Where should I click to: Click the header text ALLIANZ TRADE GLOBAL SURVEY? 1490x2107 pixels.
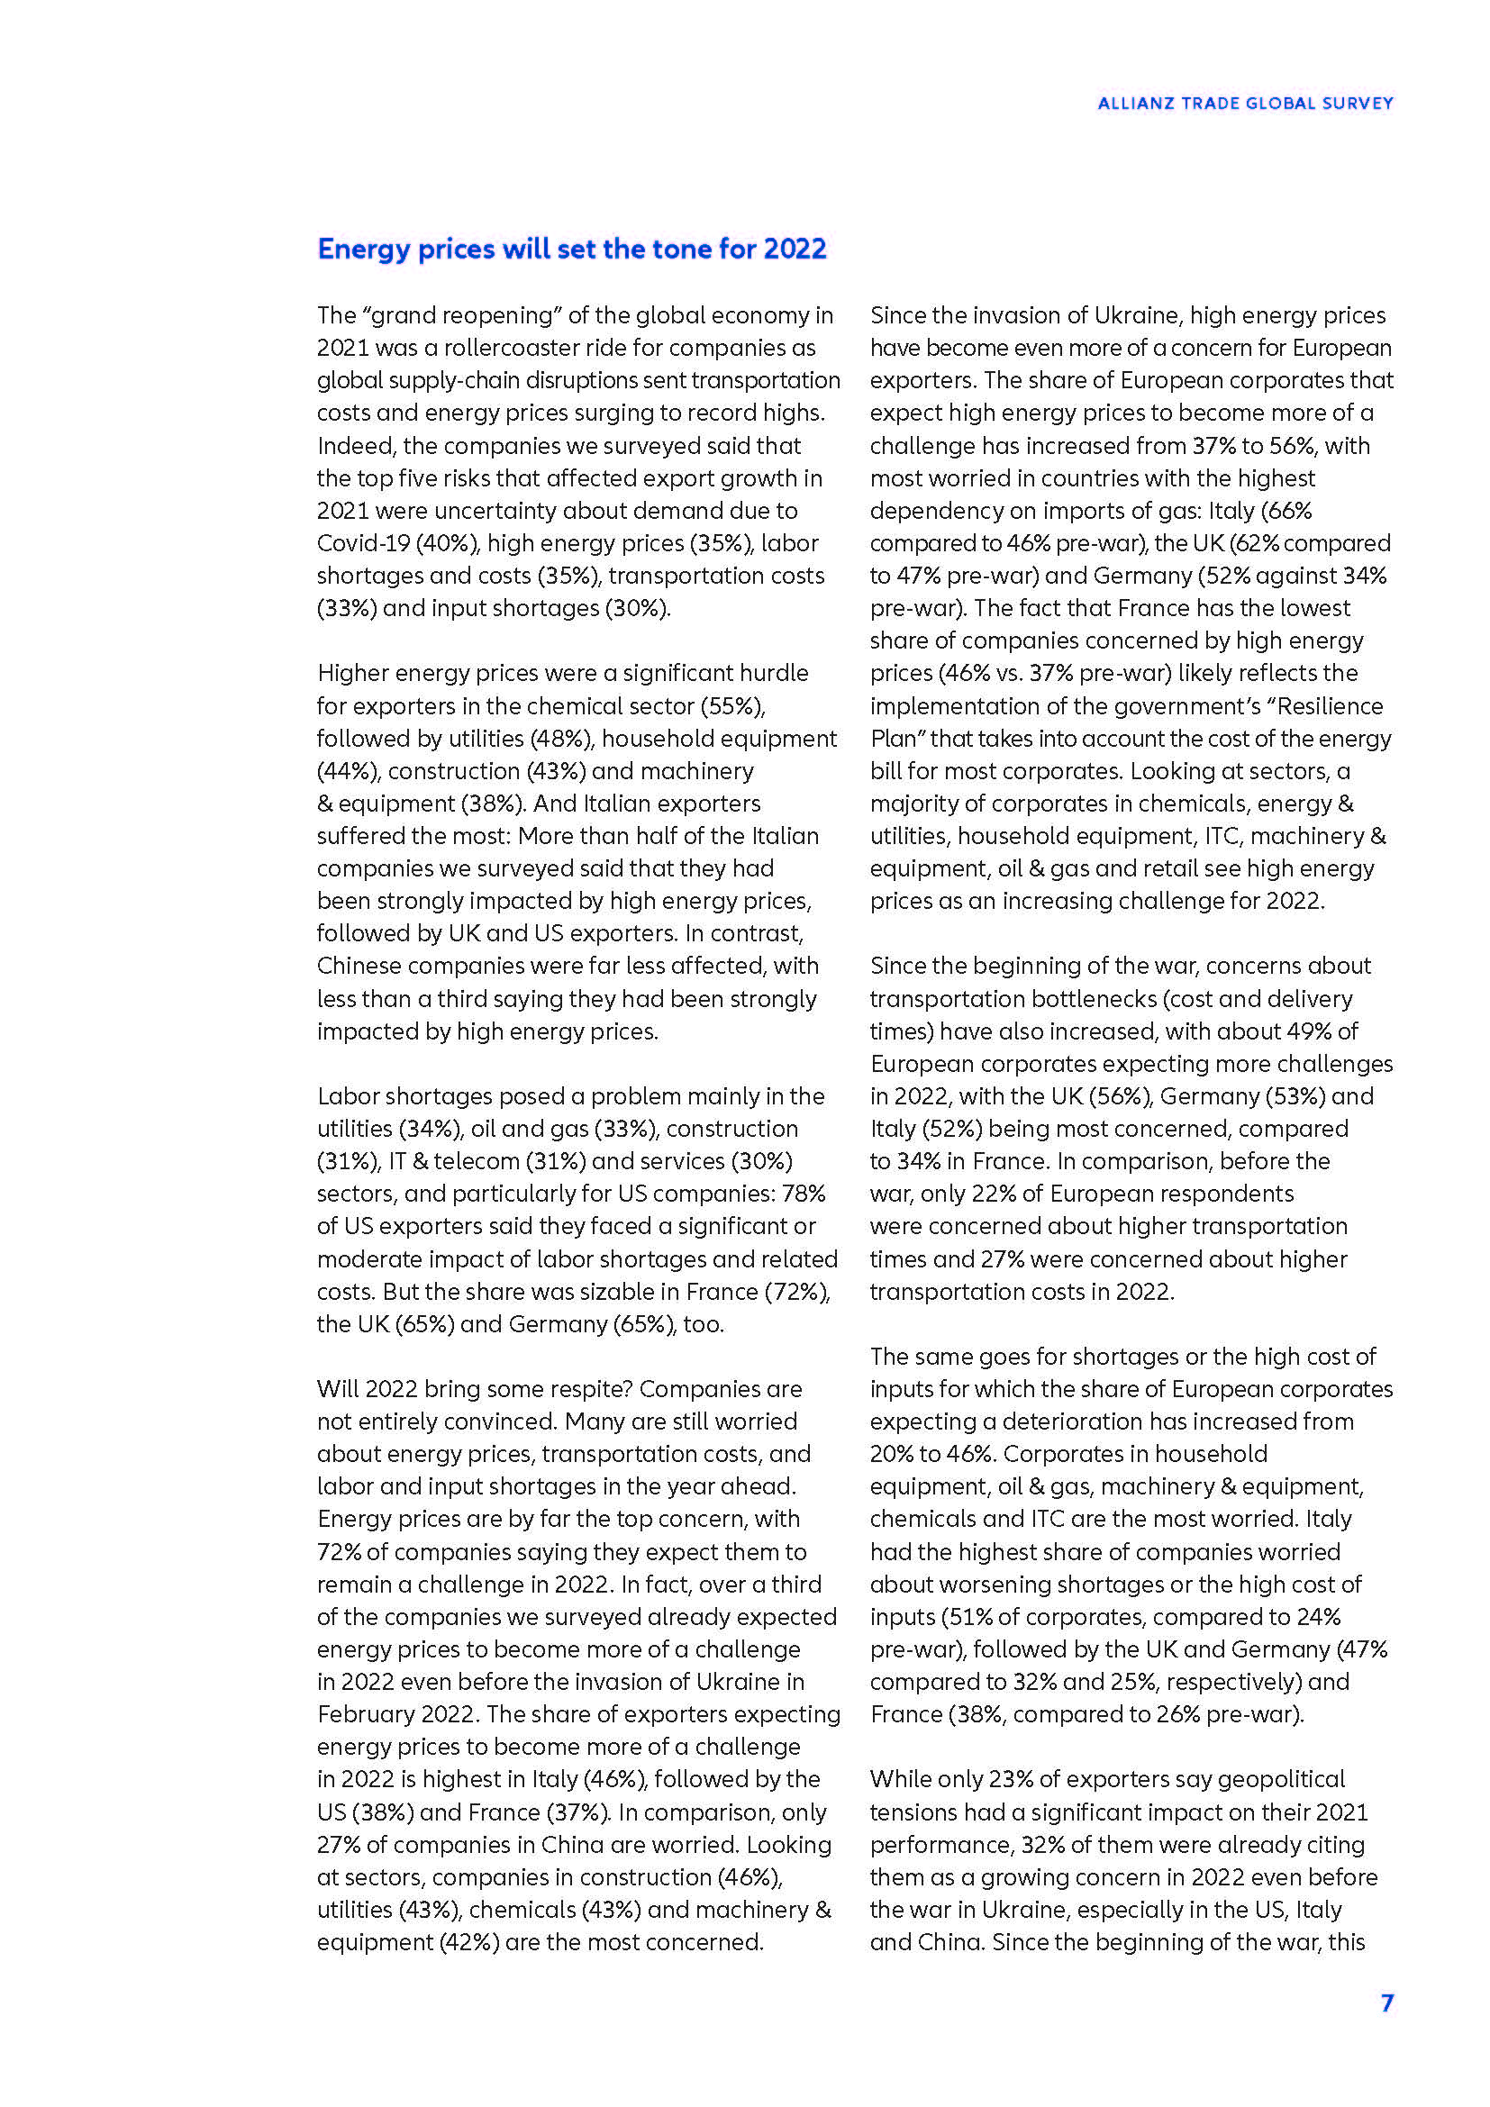point(1245,104)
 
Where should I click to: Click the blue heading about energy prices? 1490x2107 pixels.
point(572,249)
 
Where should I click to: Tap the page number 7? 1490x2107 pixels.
point(1386,2003)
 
